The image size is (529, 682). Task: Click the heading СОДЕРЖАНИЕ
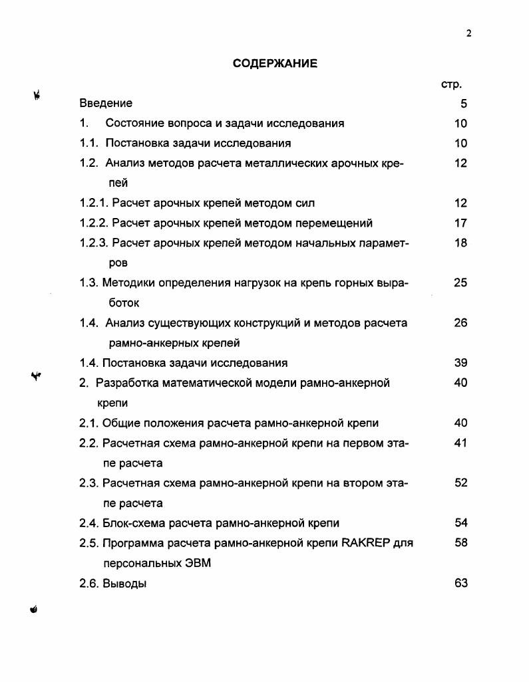pos(275,64)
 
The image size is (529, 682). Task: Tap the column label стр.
pos(451,84)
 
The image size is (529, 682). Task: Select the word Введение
pos(106,103)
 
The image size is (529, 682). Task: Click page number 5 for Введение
pos(464,104)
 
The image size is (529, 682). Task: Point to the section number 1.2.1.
pos(94,203)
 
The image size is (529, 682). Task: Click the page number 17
pos(460,223)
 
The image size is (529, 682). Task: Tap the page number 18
pos(460,243)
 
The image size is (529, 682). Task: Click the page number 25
pos(460,283)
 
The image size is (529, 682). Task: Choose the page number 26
pos(460,323)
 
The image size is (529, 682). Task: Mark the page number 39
pos(460,363)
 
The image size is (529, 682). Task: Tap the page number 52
pos(460,483)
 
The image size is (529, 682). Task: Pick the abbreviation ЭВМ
pos(197,563)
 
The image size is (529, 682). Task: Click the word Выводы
pos(125,584)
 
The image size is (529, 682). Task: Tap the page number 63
pos(460,584)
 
